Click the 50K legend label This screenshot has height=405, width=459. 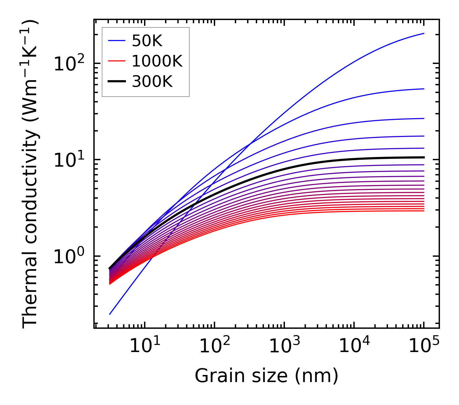[147, 41]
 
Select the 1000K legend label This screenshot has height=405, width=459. [157, 61]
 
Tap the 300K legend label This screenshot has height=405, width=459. [152, 82]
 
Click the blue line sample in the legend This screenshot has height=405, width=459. [116, 41]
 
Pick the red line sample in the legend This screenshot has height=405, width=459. [116, 61]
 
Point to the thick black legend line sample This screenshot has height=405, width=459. [116, 82]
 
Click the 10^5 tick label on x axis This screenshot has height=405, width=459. [423, 346]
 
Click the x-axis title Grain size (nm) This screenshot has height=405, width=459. [266, 376]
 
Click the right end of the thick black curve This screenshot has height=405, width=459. [423, 157]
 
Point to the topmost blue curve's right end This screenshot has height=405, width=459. [423, 33]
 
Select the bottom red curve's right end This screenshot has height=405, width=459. [423, 211]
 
